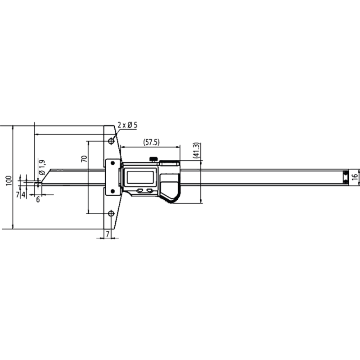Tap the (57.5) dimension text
[151, 142]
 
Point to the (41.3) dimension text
[196, 150]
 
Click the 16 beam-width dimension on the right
[355, 176]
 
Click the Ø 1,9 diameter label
[41, 167]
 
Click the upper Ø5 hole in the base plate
[111, 142]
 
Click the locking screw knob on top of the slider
[153, 158]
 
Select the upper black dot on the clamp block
[346, 173]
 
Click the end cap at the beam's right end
[345, 176]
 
